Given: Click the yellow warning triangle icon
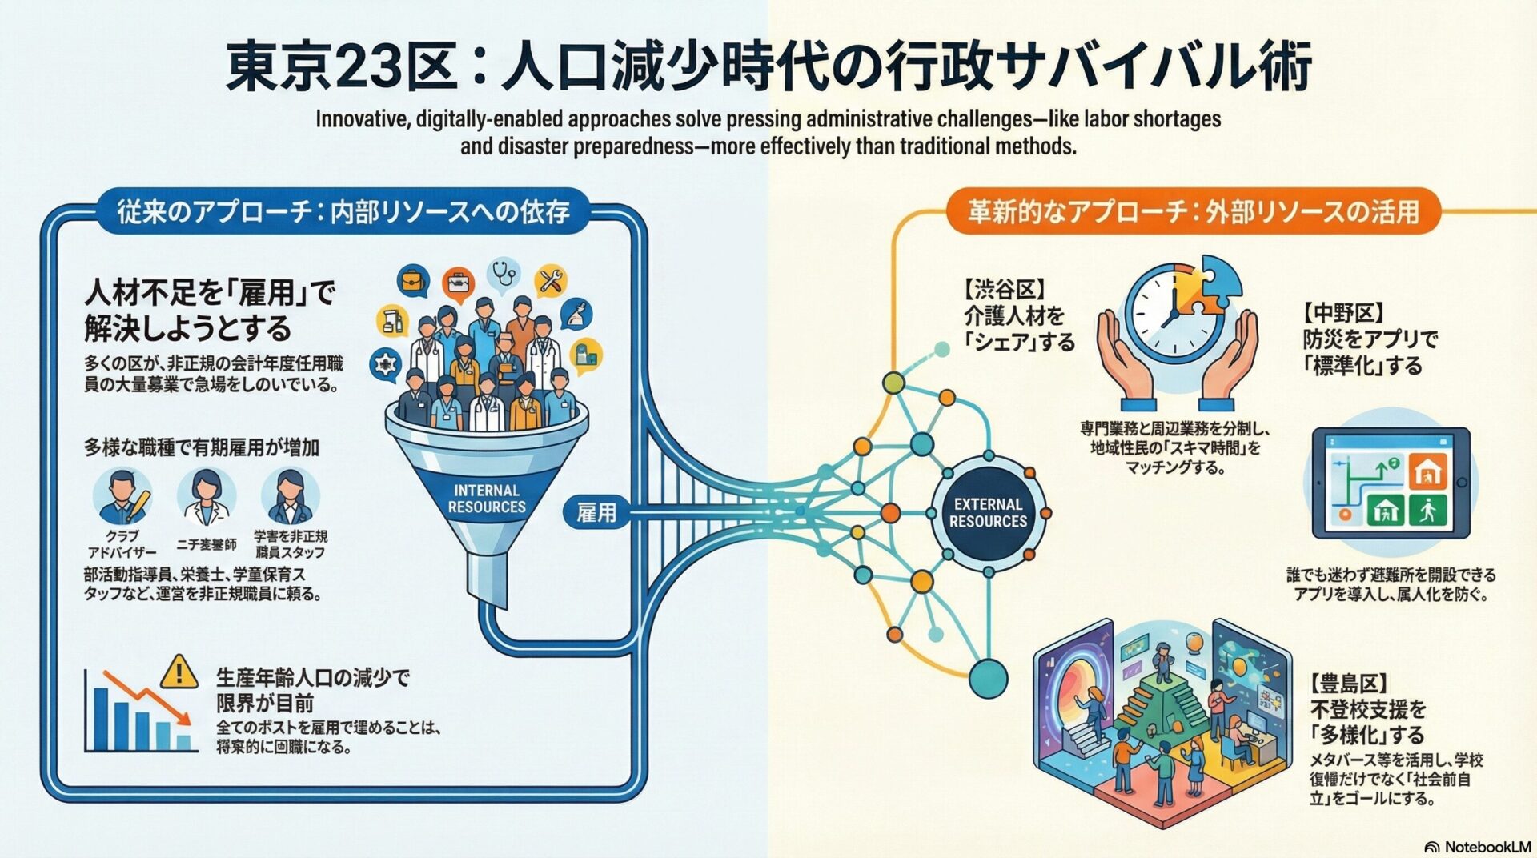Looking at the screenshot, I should point(179,672).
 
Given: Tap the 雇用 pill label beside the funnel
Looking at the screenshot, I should point(596,512).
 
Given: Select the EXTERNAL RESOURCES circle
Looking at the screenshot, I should point(988,513).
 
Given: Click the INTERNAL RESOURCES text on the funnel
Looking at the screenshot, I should point(487,499).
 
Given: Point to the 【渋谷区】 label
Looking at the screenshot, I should point(1005,289).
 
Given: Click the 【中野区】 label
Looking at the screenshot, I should point(1344,312).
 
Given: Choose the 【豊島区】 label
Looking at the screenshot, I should point(1349,684).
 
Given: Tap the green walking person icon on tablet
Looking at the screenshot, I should point(1427,510).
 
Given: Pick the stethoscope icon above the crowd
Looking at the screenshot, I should point(504,274).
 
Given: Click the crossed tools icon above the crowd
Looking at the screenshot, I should point(551,281).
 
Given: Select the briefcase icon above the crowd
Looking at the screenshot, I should point(413,282).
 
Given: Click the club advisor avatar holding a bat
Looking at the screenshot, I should point(122,497).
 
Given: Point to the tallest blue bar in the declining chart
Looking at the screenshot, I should point(101,717).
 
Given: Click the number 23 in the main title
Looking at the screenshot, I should point(369,67).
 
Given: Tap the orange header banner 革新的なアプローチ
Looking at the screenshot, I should point(1193,211).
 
